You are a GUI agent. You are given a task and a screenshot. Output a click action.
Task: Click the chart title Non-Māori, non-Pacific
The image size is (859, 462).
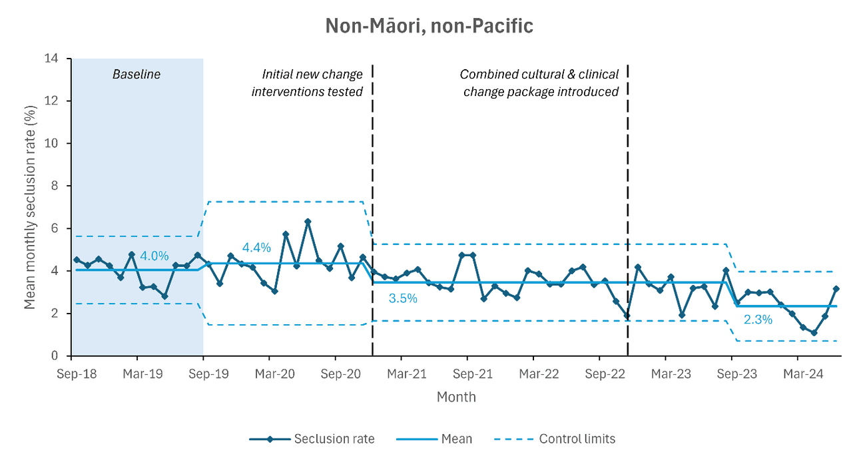point(429,25)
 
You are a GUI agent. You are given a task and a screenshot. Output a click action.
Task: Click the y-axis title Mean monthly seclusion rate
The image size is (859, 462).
point(30,207)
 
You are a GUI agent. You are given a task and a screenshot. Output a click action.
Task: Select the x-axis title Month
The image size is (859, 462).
point(456,397)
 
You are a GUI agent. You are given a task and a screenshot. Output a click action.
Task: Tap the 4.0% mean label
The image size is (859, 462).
point(154,256)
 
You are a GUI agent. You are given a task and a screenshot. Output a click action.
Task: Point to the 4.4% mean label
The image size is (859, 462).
point(256,248)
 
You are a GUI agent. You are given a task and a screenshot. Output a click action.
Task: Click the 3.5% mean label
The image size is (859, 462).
point(403,299)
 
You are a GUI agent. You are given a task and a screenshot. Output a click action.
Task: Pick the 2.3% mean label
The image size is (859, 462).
point(758,320)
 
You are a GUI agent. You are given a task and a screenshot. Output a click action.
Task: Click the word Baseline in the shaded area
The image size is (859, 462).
point(136,75)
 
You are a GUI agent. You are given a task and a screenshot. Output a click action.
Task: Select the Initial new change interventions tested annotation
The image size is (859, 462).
point(307,83)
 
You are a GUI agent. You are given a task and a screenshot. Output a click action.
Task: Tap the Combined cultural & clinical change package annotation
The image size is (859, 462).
point(539,83)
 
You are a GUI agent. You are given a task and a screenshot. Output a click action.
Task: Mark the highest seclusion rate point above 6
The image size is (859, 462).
point(307,222)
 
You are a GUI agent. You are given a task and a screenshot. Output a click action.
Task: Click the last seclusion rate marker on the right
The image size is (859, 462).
point(836,289)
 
